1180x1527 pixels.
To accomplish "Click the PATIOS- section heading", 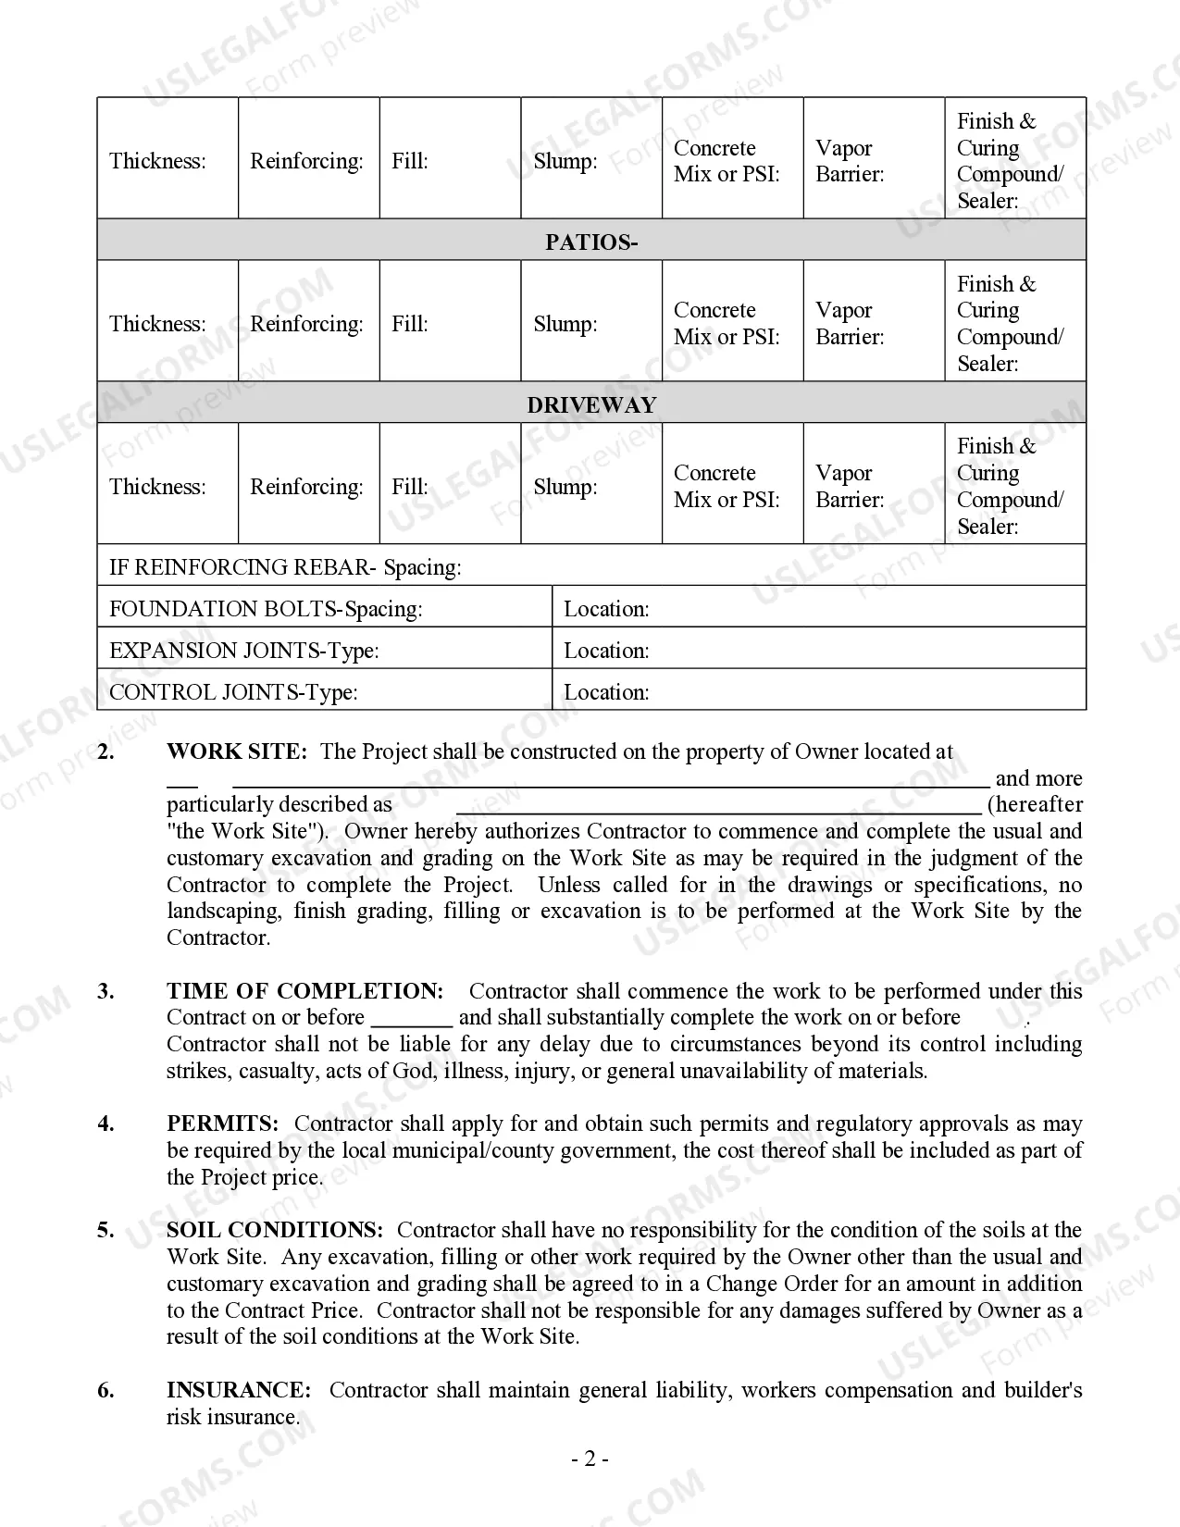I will coord(590,242).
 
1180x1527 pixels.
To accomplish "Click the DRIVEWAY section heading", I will coord(590,405).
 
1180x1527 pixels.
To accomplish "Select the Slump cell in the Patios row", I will coord(590,323).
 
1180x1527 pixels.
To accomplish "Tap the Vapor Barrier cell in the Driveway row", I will coord(873,486).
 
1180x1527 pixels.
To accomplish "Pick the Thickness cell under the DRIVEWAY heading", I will coord(168,486).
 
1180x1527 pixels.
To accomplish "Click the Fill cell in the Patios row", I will coord(450,323).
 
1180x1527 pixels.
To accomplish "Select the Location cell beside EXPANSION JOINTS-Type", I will coord(818,650).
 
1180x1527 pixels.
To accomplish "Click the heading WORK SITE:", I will coord(236,751).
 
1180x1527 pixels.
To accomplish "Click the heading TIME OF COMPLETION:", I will coord(304,991).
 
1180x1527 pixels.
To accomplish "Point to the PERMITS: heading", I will coord(222,1124).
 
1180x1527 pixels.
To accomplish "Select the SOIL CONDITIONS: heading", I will coord(274,1230).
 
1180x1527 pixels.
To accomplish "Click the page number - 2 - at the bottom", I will coord(590,1459).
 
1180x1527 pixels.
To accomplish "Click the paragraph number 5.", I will coord(106,1230).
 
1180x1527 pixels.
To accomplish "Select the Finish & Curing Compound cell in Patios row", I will coord(1014,323).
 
